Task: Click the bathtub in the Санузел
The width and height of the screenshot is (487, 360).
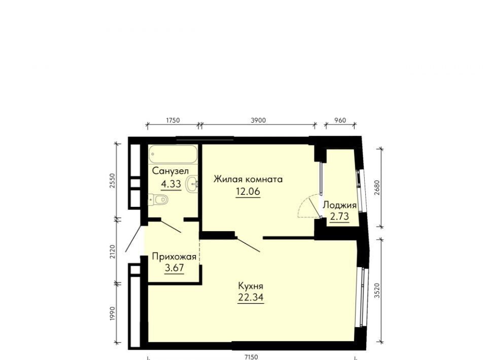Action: click(172, 154)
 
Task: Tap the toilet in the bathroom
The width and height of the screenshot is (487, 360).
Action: click(158, 200)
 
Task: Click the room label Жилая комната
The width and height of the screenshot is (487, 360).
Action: click(248, 179)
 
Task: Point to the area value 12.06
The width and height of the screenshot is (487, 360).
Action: click(248, 192)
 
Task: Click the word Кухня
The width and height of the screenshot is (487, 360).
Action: click(251, 285)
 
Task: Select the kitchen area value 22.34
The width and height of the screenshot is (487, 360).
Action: click(251, 297)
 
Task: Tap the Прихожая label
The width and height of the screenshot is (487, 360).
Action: click(174, 257)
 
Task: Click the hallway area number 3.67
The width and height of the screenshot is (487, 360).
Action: click(174, 268)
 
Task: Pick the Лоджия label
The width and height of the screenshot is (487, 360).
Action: click(340, 205)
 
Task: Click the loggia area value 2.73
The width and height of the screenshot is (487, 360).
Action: click(339, 217)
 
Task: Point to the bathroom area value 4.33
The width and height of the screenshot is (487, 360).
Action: click(171, 184)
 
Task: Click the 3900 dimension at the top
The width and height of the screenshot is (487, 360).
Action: click(258, 120)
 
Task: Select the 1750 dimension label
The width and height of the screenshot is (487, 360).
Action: click(172, 120)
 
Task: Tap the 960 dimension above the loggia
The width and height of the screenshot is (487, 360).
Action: click(340, 120)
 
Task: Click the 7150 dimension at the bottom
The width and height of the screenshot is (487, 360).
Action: click(251, 357)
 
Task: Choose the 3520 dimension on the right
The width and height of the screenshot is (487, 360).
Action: click(377, 291)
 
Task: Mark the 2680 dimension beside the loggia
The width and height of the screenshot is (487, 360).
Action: click(377, 188)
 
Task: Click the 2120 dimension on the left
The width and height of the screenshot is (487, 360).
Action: click(113, 251)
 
